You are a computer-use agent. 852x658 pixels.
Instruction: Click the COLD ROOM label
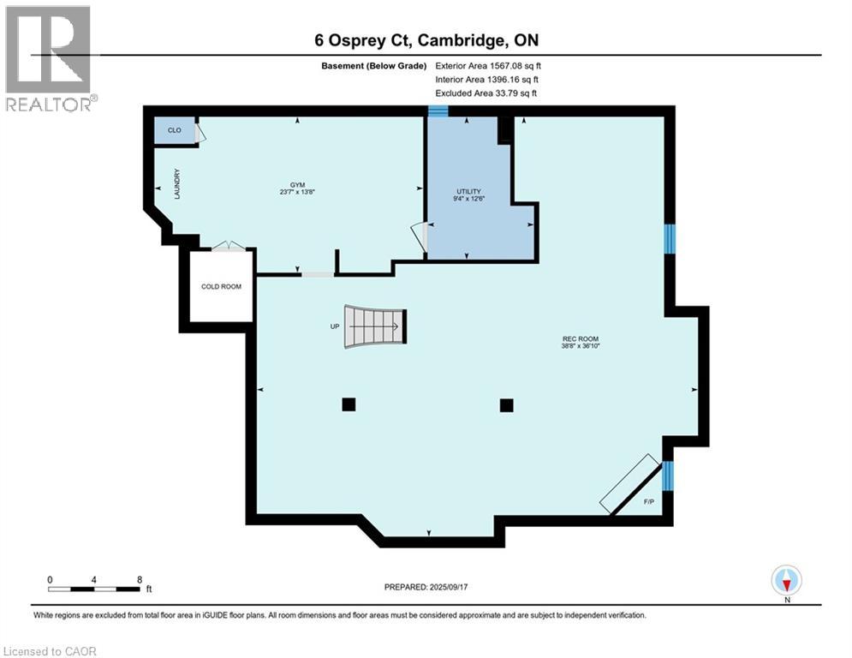(x=221, y=286)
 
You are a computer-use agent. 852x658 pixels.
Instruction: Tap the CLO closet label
(x=174, y=130)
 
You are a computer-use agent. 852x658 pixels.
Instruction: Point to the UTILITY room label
(x=468, y=191)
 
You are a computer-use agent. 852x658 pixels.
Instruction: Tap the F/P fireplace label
(x=648, y=500)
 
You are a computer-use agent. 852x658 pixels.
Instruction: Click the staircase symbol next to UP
(x=374, y=326)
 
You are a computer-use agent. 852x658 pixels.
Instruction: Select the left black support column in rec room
(x=349, y=404)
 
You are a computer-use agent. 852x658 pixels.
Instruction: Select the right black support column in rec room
(x=506, y=404)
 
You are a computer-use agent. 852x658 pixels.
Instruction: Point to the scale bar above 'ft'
(x=94, y=589)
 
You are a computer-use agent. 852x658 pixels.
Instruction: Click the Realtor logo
(x=49, y=58)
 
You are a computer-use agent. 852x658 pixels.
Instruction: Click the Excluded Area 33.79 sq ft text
(x=486, y=93)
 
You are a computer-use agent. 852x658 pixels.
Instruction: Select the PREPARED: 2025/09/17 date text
(x=428, y=587)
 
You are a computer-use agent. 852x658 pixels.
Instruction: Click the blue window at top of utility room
(x=438, y=111)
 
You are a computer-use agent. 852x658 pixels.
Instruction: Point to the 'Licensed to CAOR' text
(x=50, y=651)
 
